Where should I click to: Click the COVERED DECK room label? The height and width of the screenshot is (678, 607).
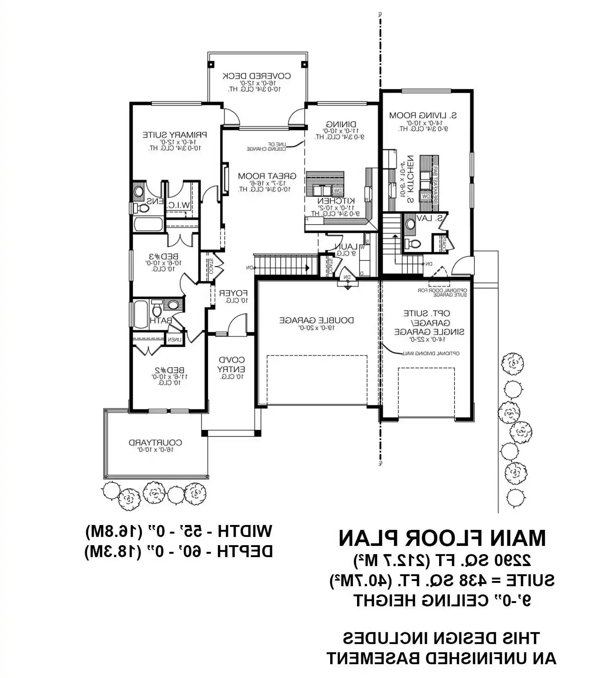pyautogui.click(x=257, y=76)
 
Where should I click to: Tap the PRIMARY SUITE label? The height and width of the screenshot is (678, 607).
pyautogui.click(x=175, y=135)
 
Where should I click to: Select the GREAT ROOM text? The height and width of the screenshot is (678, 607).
pyautogui.click(x=267, y=176)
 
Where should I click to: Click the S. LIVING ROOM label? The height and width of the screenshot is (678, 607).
pyautogui.click(x=423, y=115)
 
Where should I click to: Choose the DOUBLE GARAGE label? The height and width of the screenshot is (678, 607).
pyautogui.click(x=317, y=320)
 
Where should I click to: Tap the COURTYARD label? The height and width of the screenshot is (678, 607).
pyautogui.click(x=155, y=443)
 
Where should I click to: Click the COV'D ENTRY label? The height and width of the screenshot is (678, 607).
pyautogui.click(x=231, y=365)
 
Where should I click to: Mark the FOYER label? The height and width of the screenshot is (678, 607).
pyautogui.click(x=233, y=293)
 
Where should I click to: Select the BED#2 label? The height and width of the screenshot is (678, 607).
pyautogui.click(x=169, y=370)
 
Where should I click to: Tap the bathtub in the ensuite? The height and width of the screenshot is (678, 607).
pyautogui.click(x=148, y=225)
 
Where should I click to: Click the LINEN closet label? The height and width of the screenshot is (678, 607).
pyautogui.click(x=174, y=340)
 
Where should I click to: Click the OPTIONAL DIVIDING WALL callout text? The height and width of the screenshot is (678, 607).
pyautogui.click(x=430, y=353)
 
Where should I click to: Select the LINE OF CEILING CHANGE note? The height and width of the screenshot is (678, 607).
pyautogui.click(x=266, y=146)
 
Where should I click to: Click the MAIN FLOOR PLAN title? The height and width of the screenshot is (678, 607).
pyautogui.click(x=442, y=538)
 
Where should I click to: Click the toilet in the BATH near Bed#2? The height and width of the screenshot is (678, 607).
pyautogui.click(x=157, y=309)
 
